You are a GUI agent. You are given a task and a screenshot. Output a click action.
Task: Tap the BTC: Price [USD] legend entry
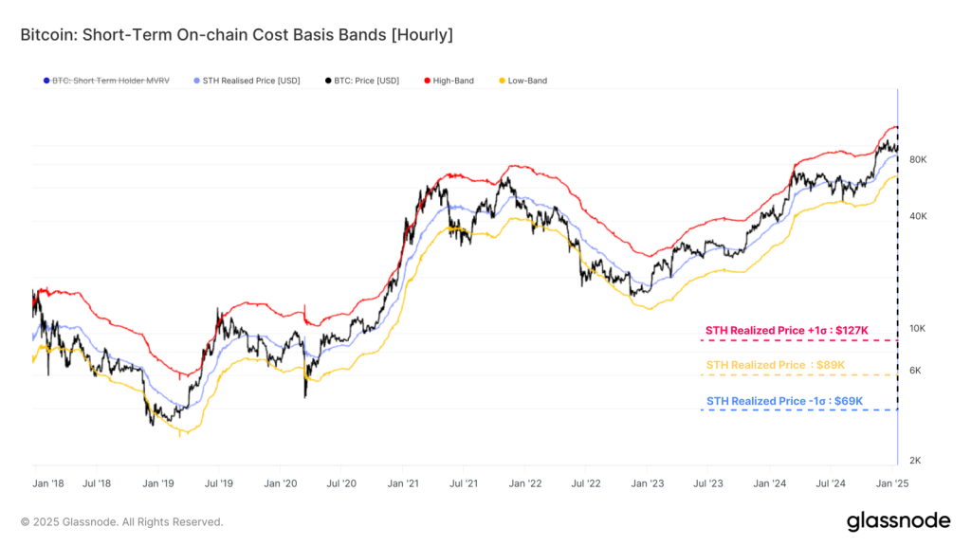365,82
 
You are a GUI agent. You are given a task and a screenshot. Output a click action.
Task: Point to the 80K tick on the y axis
917,160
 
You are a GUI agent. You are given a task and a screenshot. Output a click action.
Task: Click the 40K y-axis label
917,216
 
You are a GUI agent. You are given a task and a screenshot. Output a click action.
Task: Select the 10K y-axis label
917,329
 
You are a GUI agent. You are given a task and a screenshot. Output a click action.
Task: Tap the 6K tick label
915,371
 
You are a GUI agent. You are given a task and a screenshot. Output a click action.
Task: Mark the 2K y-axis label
915,461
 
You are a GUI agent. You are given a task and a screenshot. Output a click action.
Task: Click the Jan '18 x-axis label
48,483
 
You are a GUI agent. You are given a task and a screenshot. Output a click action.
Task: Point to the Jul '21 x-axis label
463,483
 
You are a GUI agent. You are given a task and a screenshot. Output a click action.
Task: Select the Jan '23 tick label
648,483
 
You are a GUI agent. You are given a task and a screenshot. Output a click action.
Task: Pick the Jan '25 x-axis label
892,483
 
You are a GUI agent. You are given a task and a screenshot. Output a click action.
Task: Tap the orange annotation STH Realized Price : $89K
776,366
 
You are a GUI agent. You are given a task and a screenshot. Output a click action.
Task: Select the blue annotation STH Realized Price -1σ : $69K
785,401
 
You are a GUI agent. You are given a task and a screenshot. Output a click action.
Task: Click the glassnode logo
897,520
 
